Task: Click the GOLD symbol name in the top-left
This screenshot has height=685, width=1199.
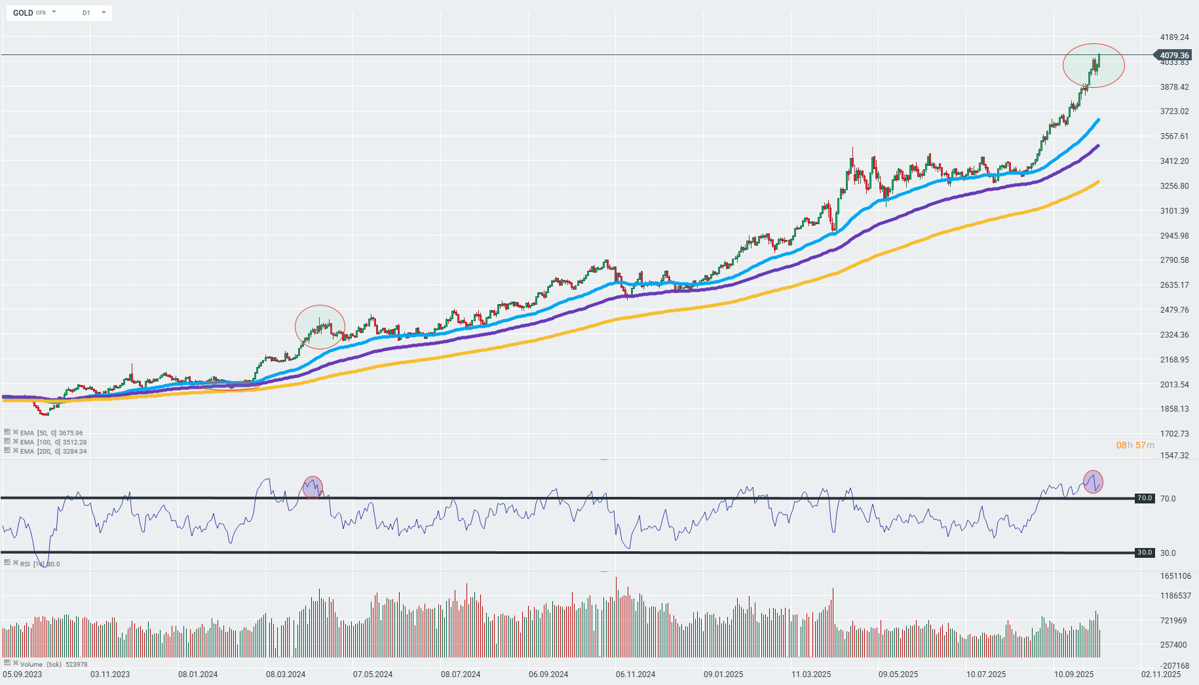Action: pyautogui.click(x=23, y=12)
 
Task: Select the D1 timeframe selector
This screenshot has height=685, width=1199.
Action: pyautogui.click(x=86, y=12)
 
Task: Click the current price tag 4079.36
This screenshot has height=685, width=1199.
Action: pyautogui.click(x=1173, y=55)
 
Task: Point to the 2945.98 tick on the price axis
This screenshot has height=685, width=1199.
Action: pyautogui.click(x=1174, y=235)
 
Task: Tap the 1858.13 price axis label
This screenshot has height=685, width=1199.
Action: pyautogui.click(x=1174, y=408)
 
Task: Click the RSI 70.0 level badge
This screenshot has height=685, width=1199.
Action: pyautogui.click(x=1144, y=498)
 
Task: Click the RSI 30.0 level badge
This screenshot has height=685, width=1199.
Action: pyautogui.click(x=1144, y=553)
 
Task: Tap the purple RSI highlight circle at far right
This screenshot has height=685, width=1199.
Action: pyautogui.click(x=1093, y=482)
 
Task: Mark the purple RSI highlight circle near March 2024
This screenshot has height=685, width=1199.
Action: pyautogui.click(x=313, y=487)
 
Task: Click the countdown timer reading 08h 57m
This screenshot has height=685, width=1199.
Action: pyautogui.click(x=1135, y=445)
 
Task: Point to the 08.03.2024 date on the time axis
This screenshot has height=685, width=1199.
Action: pyautogui.click(x=286, y=674)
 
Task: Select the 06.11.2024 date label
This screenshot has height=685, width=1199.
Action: pyautogui.click(x=636, y=674)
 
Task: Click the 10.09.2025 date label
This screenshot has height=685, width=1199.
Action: pyautogui.click(x=1074, y=674)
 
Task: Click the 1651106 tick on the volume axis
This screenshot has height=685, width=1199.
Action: pyautogui.click(x=1175, y=576)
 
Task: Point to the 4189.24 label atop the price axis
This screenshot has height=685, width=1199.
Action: pyautogui.click(x=1174, y=37)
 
